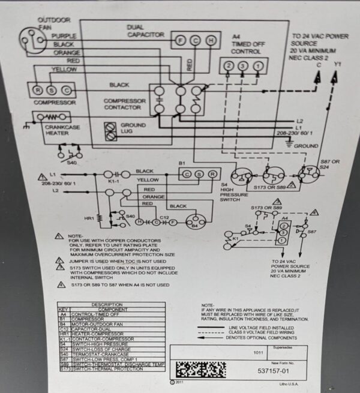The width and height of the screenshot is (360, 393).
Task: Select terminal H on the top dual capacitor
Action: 211,40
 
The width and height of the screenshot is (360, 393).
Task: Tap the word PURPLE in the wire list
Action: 64,36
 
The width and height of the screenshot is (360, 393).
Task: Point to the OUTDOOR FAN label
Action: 53,23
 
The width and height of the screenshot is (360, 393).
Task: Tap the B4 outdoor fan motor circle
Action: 194,226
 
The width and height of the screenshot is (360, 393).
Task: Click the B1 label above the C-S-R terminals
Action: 183,163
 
